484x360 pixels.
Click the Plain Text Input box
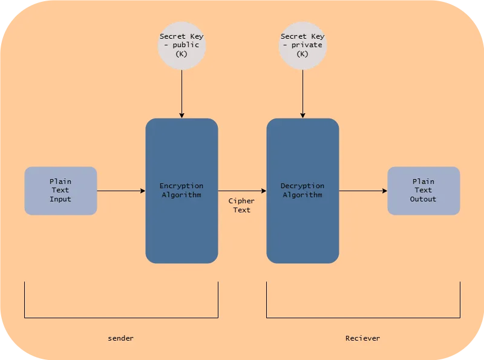pos(60,191)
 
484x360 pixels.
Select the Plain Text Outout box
pos(423,191)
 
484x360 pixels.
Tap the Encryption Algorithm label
pos(181,191)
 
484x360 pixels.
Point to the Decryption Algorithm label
pos(302,191)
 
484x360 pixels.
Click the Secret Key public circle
pos(181,45)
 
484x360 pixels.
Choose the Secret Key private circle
pos(302,45)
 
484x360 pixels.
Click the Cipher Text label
pos(241,205)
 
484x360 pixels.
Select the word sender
pos(121,338)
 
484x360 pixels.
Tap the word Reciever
pos(363,338)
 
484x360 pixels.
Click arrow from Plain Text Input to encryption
pos(121,191)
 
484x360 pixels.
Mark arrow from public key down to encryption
pos(181,94)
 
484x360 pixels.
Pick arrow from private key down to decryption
pos(302,94)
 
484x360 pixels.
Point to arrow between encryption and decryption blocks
pos(242,191)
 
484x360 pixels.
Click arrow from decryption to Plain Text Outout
pos(363,191)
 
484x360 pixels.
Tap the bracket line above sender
pos(121,318)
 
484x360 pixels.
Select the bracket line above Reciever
pos(363,318)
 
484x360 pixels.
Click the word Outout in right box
pos(423,199)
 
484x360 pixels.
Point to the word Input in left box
pos(60,199)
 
